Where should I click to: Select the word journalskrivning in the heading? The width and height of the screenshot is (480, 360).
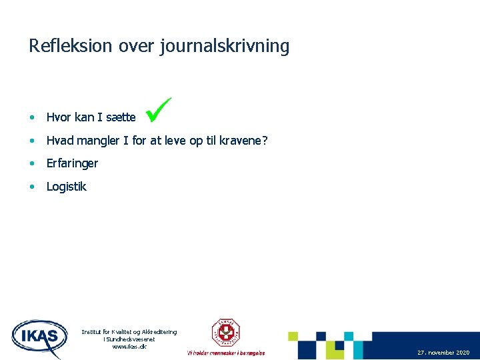coord(225,47)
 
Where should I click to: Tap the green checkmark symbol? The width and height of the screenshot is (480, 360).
coord(159,109)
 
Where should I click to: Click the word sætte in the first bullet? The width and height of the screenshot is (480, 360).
coord(120,117)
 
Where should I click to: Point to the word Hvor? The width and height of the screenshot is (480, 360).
coord(59,117)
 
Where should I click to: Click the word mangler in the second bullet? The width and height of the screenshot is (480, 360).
coord(103,141)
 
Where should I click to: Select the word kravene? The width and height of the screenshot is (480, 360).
coord(242,141)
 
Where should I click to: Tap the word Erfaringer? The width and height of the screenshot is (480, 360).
coord(72,163)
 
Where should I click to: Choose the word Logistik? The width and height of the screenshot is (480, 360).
coord(66,187)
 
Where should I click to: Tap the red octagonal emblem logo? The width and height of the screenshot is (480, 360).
coord(225,332)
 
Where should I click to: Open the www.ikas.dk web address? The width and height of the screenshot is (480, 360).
coord(129,347)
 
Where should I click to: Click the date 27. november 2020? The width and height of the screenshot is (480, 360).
coord(443,352)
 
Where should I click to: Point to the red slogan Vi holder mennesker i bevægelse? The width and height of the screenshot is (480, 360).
coord(225,353)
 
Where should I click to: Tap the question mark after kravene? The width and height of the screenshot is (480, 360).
coord(265,141)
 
